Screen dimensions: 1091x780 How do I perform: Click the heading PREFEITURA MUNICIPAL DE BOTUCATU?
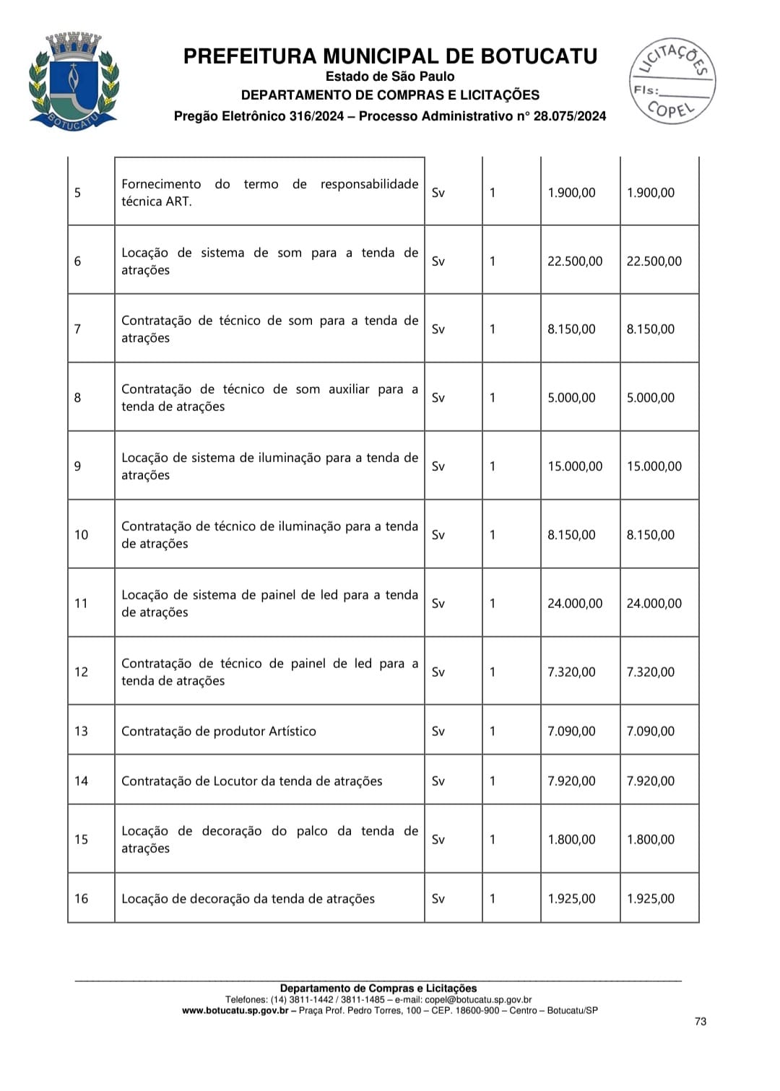[x=390, y=56]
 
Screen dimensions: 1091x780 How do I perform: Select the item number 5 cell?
[x=78, y=193]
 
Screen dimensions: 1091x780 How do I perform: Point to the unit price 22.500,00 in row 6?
[x=575, y=261]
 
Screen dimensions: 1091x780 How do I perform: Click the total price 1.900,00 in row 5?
[x=651, y=193]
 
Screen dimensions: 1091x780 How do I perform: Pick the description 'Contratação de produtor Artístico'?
[x=219, y=731]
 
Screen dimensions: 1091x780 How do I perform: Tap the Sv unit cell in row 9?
[x=438, y=466]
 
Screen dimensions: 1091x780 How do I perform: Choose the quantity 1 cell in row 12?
[x=493, y=672]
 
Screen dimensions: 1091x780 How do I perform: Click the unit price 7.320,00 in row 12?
[x=571, y=672]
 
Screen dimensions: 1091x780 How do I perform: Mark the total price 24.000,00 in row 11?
[x=654, y=604]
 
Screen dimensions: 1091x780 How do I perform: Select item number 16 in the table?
[x=81, y=899]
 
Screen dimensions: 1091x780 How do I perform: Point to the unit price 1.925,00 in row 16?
[x=571, y=899]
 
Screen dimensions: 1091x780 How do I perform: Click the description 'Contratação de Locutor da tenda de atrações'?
[x=252, y=781]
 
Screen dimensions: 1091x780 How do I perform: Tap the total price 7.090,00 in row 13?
[x=651, y=731]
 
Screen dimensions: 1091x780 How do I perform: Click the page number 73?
[x=701, y=1021]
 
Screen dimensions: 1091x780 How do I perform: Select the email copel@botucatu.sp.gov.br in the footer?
[x=478, y=999]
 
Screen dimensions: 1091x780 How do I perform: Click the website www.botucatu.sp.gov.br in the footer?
[x=235, y=1011]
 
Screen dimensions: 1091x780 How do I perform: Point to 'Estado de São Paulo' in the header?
[x=390, y=77]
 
